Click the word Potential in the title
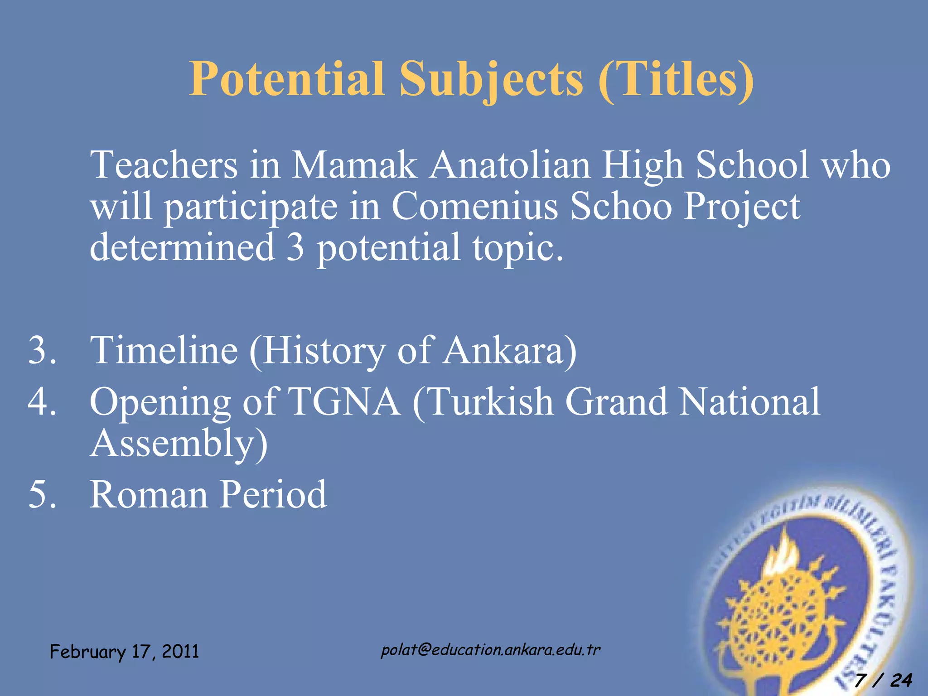[x=287, y=79]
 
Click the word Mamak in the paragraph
[x=353, y=165]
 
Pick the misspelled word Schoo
[x=621, y=206]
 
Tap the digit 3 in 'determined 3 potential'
[x=295, y=247]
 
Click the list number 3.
[x=42, y=350]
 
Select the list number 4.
[x=42, y=401]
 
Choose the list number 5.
[x=42, y=494]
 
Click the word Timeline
[x=164, y=350]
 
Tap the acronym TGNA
[x=344, y=401]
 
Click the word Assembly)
[x=179, y=444]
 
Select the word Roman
[x=149, y=494]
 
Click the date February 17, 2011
[x=124, y=652]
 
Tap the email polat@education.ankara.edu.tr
[x=490, y=650]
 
